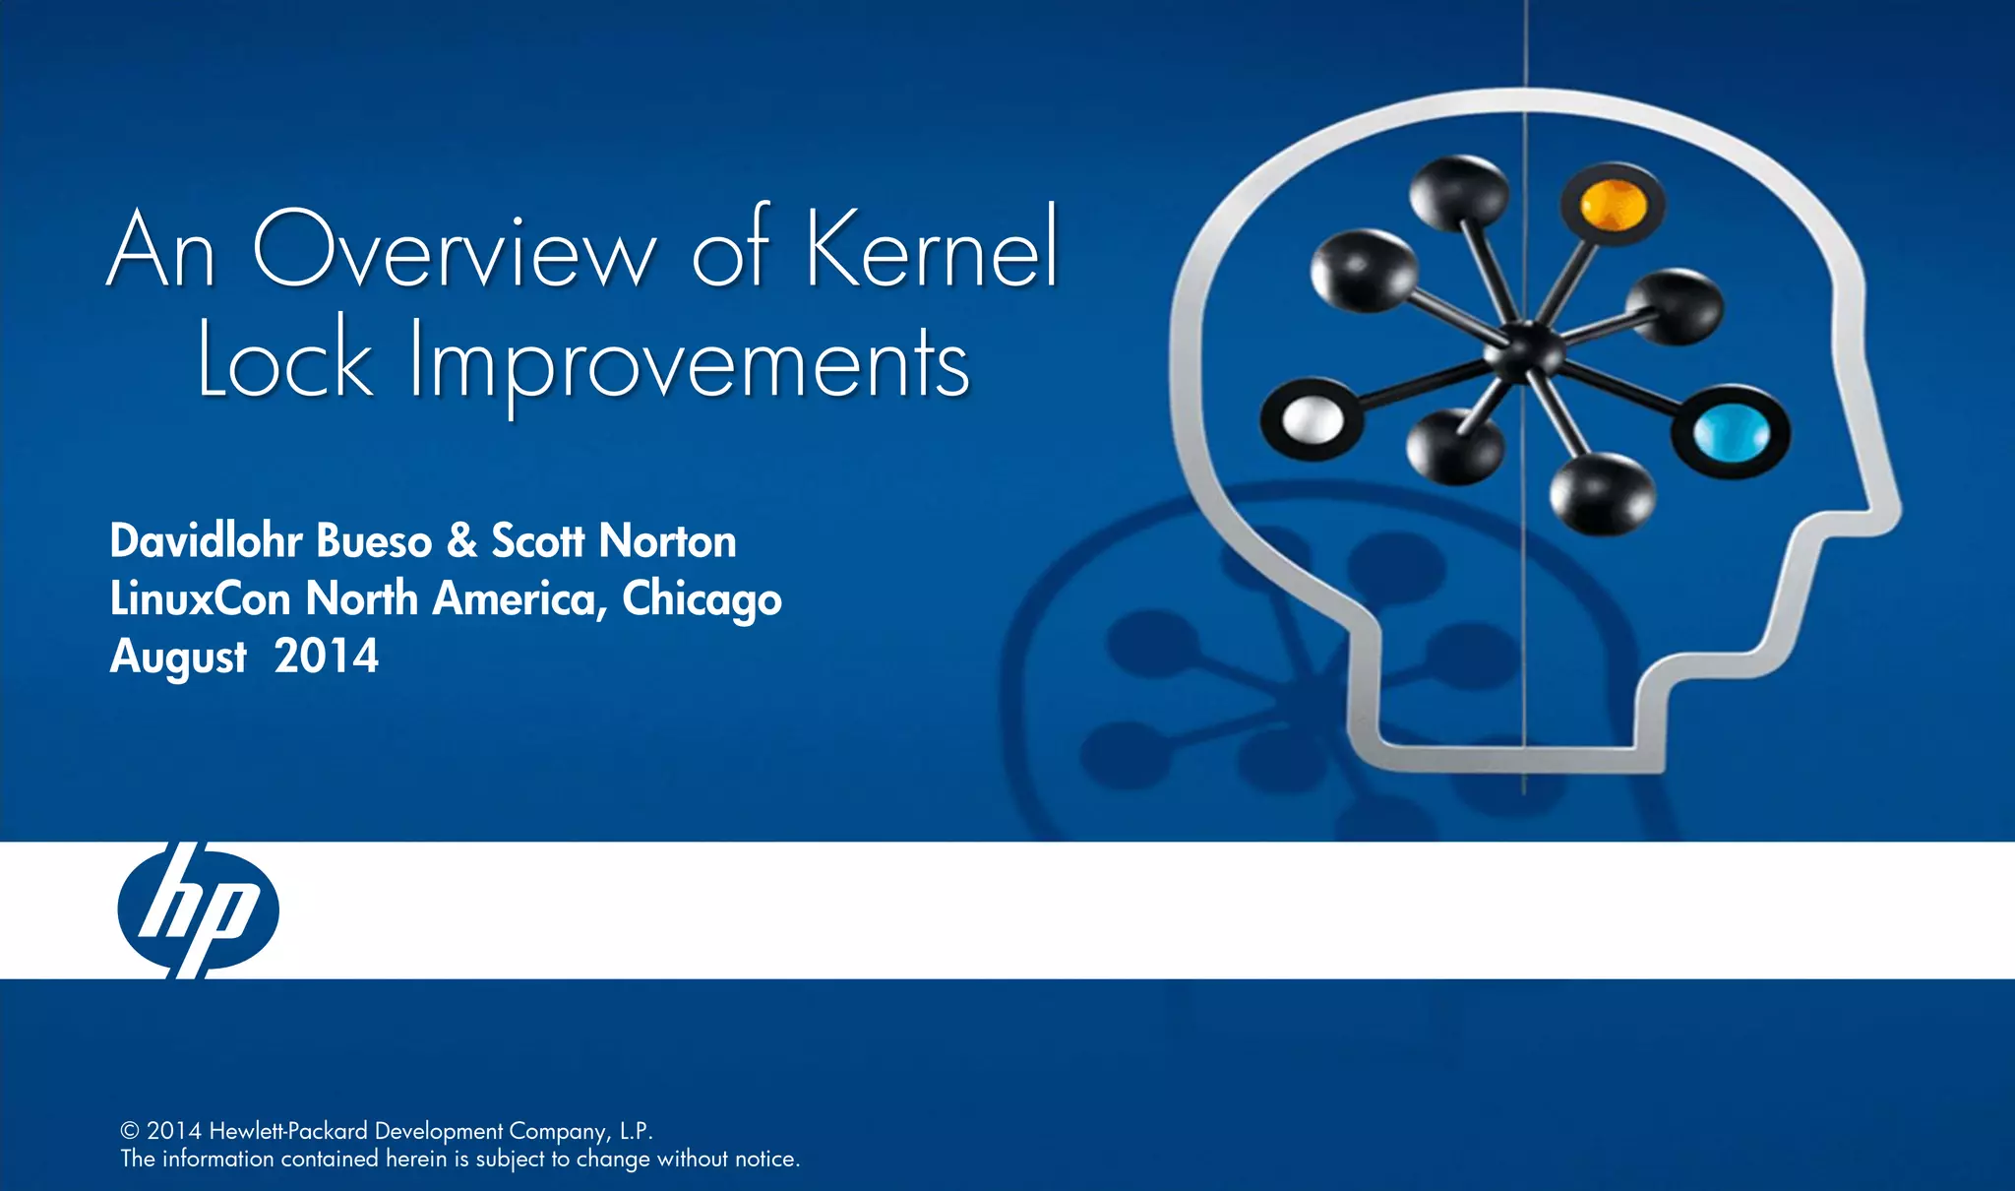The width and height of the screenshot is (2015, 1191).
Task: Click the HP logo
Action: point(198,909)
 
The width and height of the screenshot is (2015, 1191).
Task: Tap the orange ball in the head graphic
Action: point(1612,205)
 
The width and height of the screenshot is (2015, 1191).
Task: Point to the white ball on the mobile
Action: point(1313,420)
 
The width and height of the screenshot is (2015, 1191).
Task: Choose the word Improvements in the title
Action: point(690,364)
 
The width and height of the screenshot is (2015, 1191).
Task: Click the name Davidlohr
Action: point(208,540)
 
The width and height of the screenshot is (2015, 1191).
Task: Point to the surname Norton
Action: point(667,540)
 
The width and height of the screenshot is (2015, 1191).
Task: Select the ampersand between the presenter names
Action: point(461,540)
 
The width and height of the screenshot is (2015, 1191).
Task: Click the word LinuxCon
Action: point(200,598)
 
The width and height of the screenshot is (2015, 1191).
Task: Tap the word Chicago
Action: point(702,600)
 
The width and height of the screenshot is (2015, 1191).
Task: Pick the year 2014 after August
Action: point(326,657)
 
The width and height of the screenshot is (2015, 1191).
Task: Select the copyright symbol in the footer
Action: point(130,1131)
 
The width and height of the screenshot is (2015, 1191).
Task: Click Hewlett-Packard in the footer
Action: point(288,1131)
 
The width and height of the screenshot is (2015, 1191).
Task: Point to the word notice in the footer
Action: point(764,1159)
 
